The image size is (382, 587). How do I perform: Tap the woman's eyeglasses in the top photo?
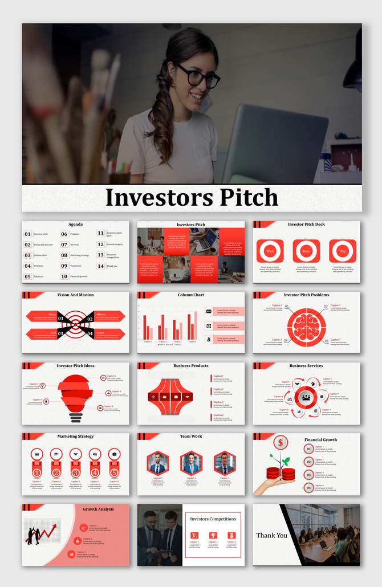click(199, 76)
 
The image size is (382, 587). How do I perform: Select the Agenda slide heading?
click(76, 225)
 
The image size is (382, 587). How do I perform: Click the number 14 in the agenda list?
click(101, 266)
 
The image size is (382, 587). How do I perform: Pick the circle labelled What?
click(270, 251)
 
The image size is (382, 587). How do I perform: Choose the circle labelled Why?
click(342, 251)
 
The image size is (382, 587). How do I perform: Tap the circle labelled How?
click(306, 251)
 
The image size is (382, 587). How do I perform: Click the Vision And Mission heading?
click(76, 295)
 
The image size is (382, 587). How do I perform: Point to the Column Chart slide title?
click(191, 295)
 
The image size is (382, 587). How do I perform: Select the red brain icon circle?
click(306, 324)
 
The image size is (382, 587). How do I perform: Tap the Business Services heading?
click(306, 366)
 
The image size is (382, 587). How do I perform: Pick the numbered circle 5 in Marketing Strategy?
click(114, 472)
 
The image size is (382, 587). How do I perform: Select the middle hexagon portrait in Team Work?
click(191, 463)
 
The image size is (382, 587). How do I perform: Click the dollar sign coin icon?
click(280, 442)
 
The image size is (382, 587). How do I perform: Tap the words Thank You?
click(272, 536)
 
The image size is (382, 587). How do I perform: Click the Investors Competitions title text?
click(213, 519)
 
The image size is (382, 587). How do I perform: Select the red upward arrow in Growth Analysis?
click(49, 533)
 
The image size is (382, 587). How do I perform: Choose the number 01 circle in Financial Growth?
click(308, 449)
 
